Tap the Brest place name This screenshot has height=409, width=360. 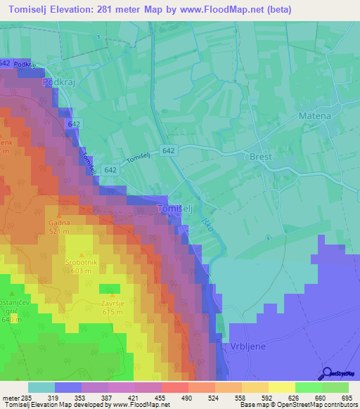tap(261, 157)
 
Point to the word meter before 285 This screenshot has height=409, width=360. tap(9, 397)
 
